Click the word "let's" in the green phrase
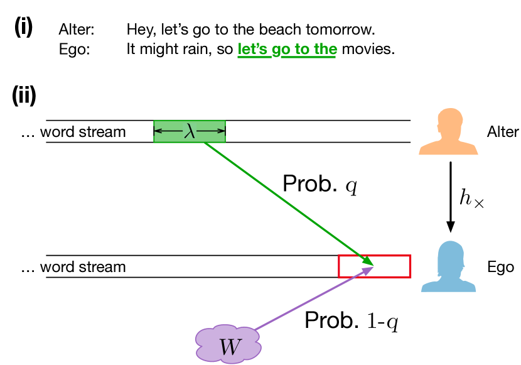pyautogui.click(x=253, y=50)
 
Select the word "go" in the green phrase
pyautogui.click(x=281, y=50)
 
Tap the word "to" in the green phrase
pyautogui.click(x=303, y=50)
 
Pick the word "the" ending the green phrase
pyautogui.click(x=326, y=50)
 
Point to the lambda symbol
pyautogui.click(x=190, y=131)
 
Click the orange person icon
pyautogui.click(x=449, y=133)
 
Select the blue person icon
pyautogui.click(x=449, y=268)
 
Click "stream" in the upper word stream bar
pyautogui.click(x=104, y=132)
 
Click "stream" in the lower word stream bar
pyautogui.click(x=104, y=267)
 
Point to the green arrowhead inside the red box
pyautogui.click(x=368, y=261)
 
